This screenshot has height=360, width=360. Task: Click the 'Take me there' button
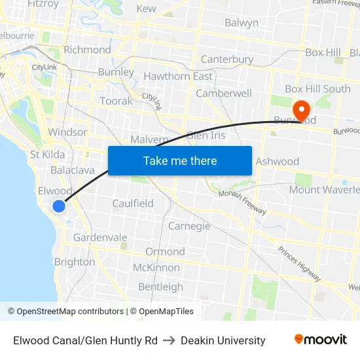click(x=179, y=160)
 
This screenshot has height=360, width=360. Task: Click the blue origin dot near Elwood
click(x=59, y=206)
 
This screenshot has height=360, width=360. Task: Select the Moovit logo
click(x=320, y=340)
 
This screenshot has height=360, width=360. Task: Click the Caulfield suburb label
click(x=133, y=204)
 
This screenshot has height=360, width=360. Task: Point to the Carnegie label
click(x=189, y=226)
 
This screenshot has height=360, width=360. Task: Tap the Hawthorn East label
click(x=178, y=76)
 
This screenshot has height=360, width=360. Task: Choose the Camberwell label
click(x=224, y=93)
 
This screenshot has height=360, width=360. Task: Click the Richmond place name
click(x=87, y=50)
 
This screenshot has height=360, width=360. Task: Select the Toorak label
click(x=116, y=101)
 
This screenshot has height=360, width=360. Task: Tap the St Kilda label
click(x=47, y=154)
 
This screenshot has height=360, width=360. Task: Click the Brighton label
click(x=75, y=262)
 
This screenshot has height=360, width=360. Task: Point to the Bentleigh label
click(x=160, y=287)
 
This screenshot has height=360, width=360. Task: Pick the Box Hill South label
click(x=317, y=89)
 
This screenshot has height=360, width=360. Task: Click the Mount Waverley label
click(x=325, y=190)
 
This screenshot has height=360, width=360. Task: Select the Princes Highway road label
click(x=299, y=264)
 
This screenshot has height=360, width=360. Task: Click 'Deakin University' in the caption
click(x=223, y=340)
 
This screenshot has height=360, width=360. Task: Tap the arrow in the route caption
click(x=169, y=340)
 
